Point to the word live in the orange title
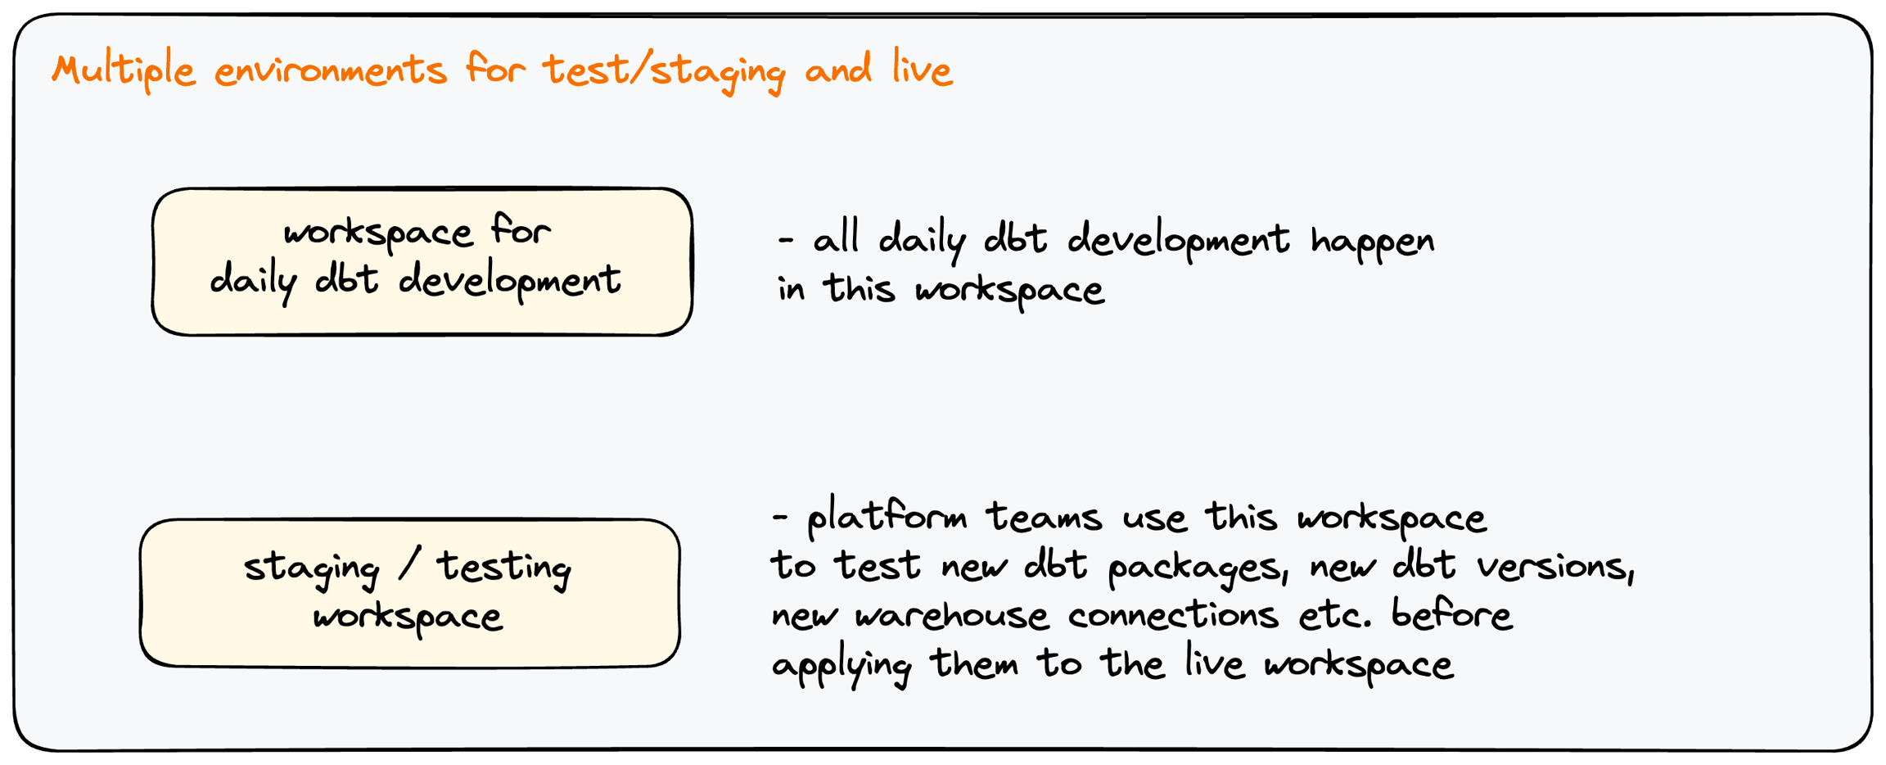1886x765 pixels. (923, 68)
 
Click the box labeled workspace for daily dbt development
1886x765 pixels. (422, 261)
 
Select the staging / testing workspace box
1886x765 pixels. (409, 593)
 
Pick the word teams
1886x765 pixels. (1044, 518)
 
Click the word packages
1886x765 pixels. (1198, 568)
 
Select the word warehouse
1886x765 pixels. (951, 614)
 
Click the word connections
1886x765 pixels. (1172, 614)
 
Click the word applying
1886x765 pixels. (841, 665)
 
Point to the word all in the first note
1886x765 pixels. (836, 239)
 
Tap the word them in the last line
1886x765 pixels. (973, 662)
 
